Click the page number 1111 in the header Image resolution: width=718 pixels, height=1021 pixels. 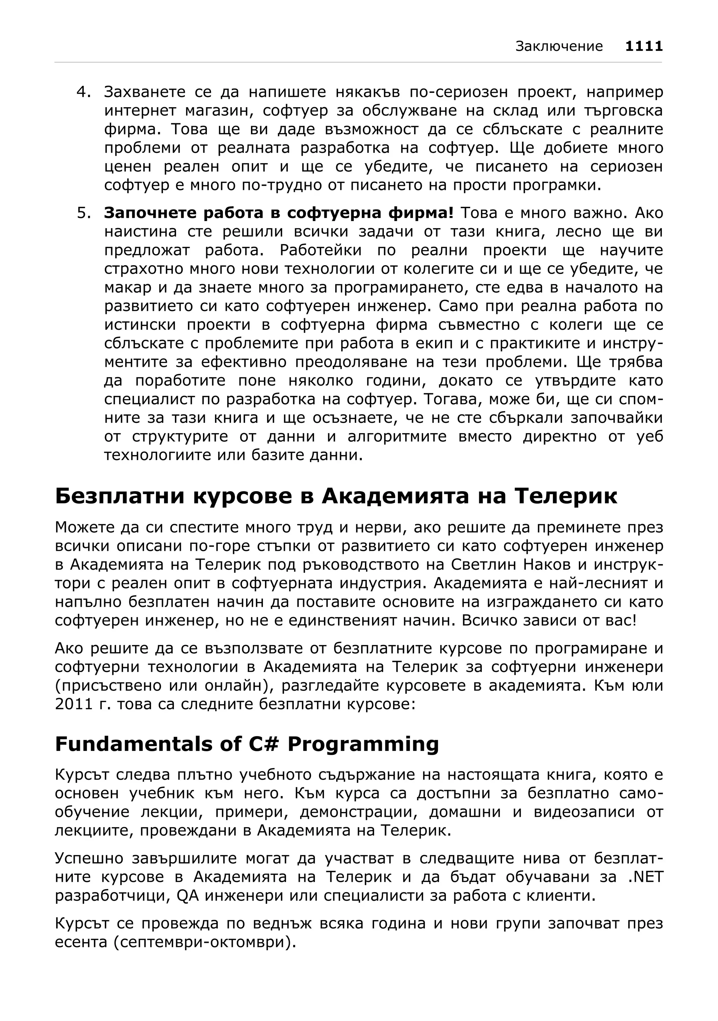pyautogui.click(x=644, y=46)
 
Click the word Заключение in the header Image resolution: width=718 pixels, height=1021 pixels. pyautogui.click(x=559, y=46)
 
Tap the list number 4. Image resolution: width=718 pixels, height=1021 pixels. pyautogui.click(x=83, y=92)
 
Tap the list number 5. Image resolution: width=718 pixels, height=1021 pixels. pyautogui.click(x=83, y=213)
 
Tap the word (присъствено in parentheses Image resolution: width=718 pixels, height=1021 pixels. pyautogui.click(x=107, y=686)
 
